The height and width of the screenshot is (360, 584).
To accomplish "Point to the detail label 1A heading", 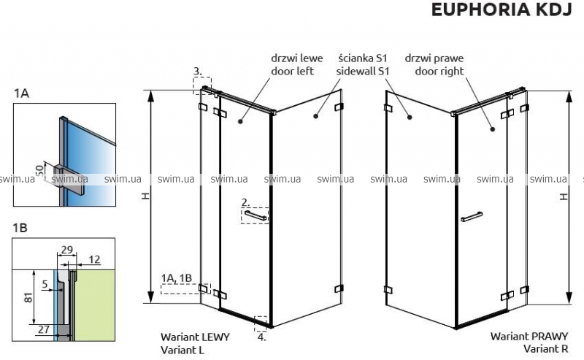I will point(21,93).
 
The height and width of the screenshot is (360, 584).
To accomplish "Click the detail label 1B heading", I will point(21,229).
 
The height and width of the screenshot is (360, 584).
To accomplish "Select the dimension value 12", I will point(96,259).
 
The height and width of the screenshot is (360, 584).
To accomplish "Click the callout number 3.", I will point(197,71).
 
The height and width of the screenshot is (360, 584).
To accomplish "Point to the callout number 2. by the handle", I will point(246,201).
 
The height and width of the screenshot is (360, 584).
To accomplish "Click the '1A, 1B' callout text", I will point(177,277).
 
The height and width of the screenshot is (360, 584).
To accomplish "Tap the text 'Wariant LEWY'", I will point(195,337).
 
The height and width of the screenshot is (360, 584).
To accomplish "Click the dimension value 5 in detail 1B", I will point(45,284).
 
